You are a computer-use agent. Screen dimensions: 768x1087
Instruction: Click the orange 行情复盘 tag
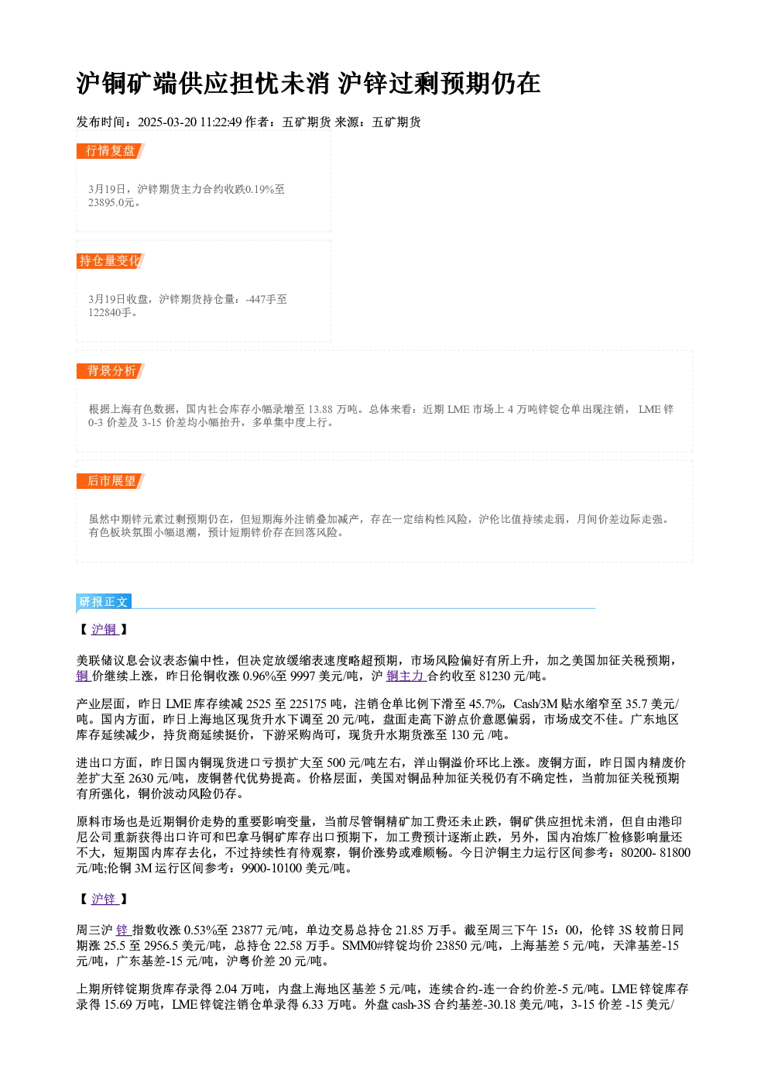(x=111, y=151)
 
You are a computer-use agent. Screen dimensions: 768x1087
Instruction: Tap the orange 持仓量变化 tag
(x=111, y=261)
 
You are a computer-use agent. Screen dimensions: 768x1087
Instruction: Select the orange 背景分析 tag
(x=111, y=371)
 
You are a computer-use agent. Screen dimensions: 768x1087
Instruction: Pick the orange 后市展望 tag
(x=111, y=481)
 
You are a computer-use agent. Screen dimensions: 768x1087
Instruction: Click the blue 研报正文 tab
(x=104, y=602)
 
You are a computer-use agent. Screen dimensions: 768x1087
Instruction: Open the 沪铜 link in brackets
(x=105, y=630)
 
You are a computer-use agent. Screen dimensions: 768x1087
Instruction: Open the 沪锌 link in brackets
(x=105, y=900)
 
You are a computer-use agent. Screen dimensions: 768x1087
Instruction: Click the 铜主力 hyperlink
(x=406, y=676)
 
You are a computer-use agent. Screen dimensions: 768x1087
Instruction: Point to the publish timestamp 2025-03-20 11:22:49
(x=190, y=122)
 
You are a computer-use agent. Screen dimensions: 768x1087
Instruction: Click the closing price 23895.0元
(x=111, y=203)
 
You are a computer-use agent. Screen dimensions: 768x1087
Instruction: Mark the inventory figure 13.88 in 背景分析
(x=321, y=410)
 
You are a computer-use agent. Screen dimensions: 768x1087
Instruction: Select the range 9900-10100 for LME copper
(x=272, y=869)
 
